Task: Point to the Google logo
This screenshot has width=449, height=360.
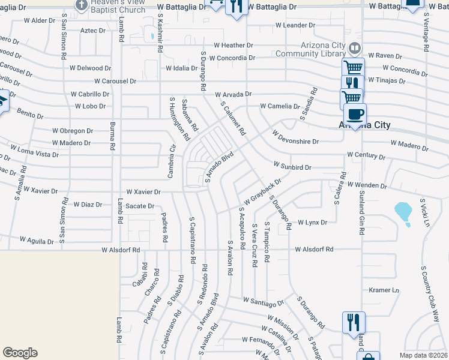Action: point(20,353)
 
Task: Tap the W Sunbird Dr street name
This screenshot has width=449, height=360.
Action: point(292,165)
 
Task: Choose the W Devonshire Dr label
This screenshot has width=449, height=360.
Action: point(295,137)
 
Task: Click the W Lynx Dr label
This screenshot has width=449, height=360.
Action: point(312,223)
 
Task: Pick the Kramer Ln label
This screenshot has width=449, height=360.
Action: point(384,290)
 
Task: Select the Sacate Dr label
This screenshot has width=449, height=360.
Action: point(140,206)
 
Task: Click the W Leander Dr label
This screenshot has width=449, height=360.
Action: point(295,25)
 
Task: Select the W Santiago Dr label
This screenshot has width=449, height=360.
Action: point(263,301)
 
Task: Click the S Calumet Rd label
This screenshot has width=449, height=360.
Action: point(234,118)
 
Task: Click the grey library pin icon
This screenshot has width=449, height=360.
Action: point(355,47)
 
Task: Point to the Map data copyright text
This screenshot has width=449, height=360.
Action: point(423,355)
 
